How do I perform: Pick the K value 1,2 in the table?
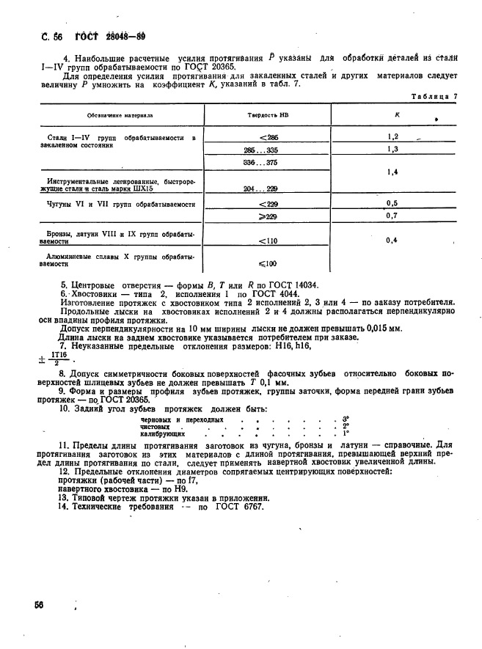pyautogui.click(x=392, y=137)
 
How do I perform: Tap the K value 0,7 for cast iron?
pyautogui.click(x=392, y=216)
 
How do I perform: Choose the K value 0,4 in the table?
pyautogui.click(x=392, y=240)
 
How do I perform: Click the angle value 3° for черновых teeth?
pyautogui.click(x=345, y=419)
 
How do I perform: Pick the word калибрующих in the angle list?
pyautogui.click(x=162, y=434)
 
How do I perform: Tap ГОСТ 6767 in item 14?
pyautogui.click(x=236, y=507)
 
